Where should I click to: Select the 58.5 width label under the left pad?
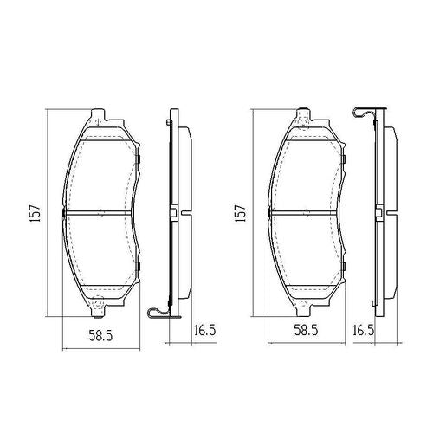click(104, 330)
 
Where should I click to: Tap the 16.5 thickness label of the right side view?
click(364, 330)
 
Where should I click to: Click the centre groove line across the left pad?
click(100, 212)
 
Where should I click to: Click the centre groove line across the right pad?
click(306, 212)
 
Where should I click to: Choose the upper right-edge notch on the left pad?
click(137, 159)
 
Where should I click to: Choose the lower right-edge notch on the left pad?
click(137, 263)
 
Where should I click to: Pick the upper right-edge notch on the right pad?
click(343, 159)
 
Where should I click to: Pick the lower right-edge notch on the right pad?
click(343, 263)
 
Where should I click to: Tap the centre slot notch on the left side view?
click(173, 212)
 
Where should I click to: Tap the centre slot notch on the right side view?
click(380, 212)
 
